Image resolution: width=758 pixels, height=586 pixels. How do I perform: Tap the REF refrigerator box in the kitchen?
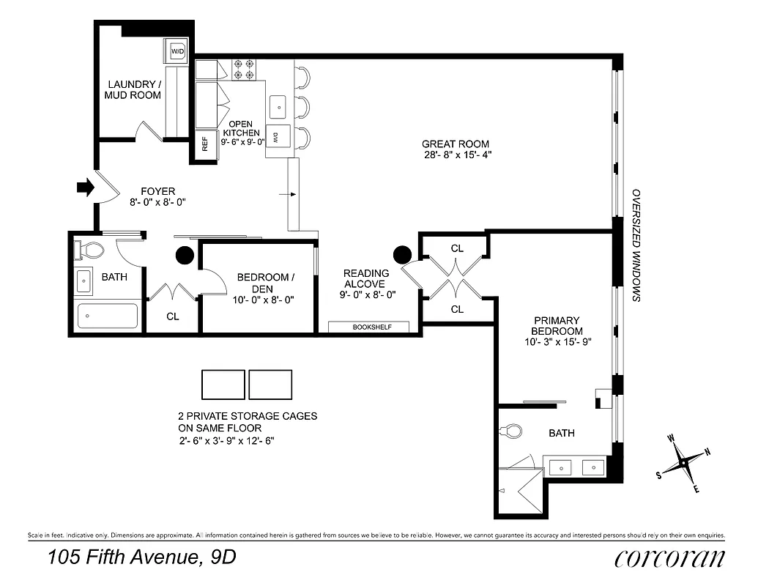click(x=205, y=143)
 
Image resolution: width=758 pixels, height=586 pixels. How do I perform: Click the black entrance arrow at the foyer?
click(x=86, y=188)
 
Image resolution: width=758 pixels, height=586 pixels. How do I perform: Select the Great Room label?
click(x=455, y=144)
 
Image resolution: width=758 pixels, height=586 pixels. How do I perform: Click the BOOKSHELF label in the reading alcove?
click(x=368, y=327)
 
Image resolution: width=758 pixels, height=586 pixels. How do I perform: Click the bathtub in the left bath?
click(x=108, y=316)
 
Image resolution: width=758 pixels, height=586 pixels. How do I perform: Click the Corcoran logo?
click(x=670, y=558)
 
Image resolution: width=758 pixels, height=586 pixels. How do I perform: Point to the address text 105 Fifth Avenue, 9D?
click(x=142, y=557)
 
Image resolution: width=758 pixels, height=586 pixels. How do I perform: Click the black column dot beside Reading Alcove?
click(x=402, y=254)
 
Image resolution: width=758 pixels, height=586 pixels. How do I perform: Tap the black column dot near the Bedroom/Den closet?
click(x=184, y=255)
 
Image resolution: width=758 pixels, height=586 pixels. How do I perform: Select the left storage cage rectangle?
click(x=223, y=385)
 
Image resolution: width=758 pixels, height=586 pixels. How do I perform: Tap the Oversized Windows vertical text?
click(x=636, y=245)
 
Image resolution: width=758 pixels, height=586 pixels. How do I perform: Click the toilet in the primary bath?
click(x=513, y=430)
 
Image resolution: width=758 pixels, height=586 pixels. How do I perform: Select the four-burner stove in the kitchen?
click(x=243, y=70)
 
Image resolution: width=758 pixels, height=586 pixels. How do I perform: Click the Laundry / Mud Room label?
click(x=133, y=89)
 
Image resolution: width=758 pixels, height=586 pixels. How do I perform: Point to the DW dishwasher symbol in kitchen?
click(x=278, y=136)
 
